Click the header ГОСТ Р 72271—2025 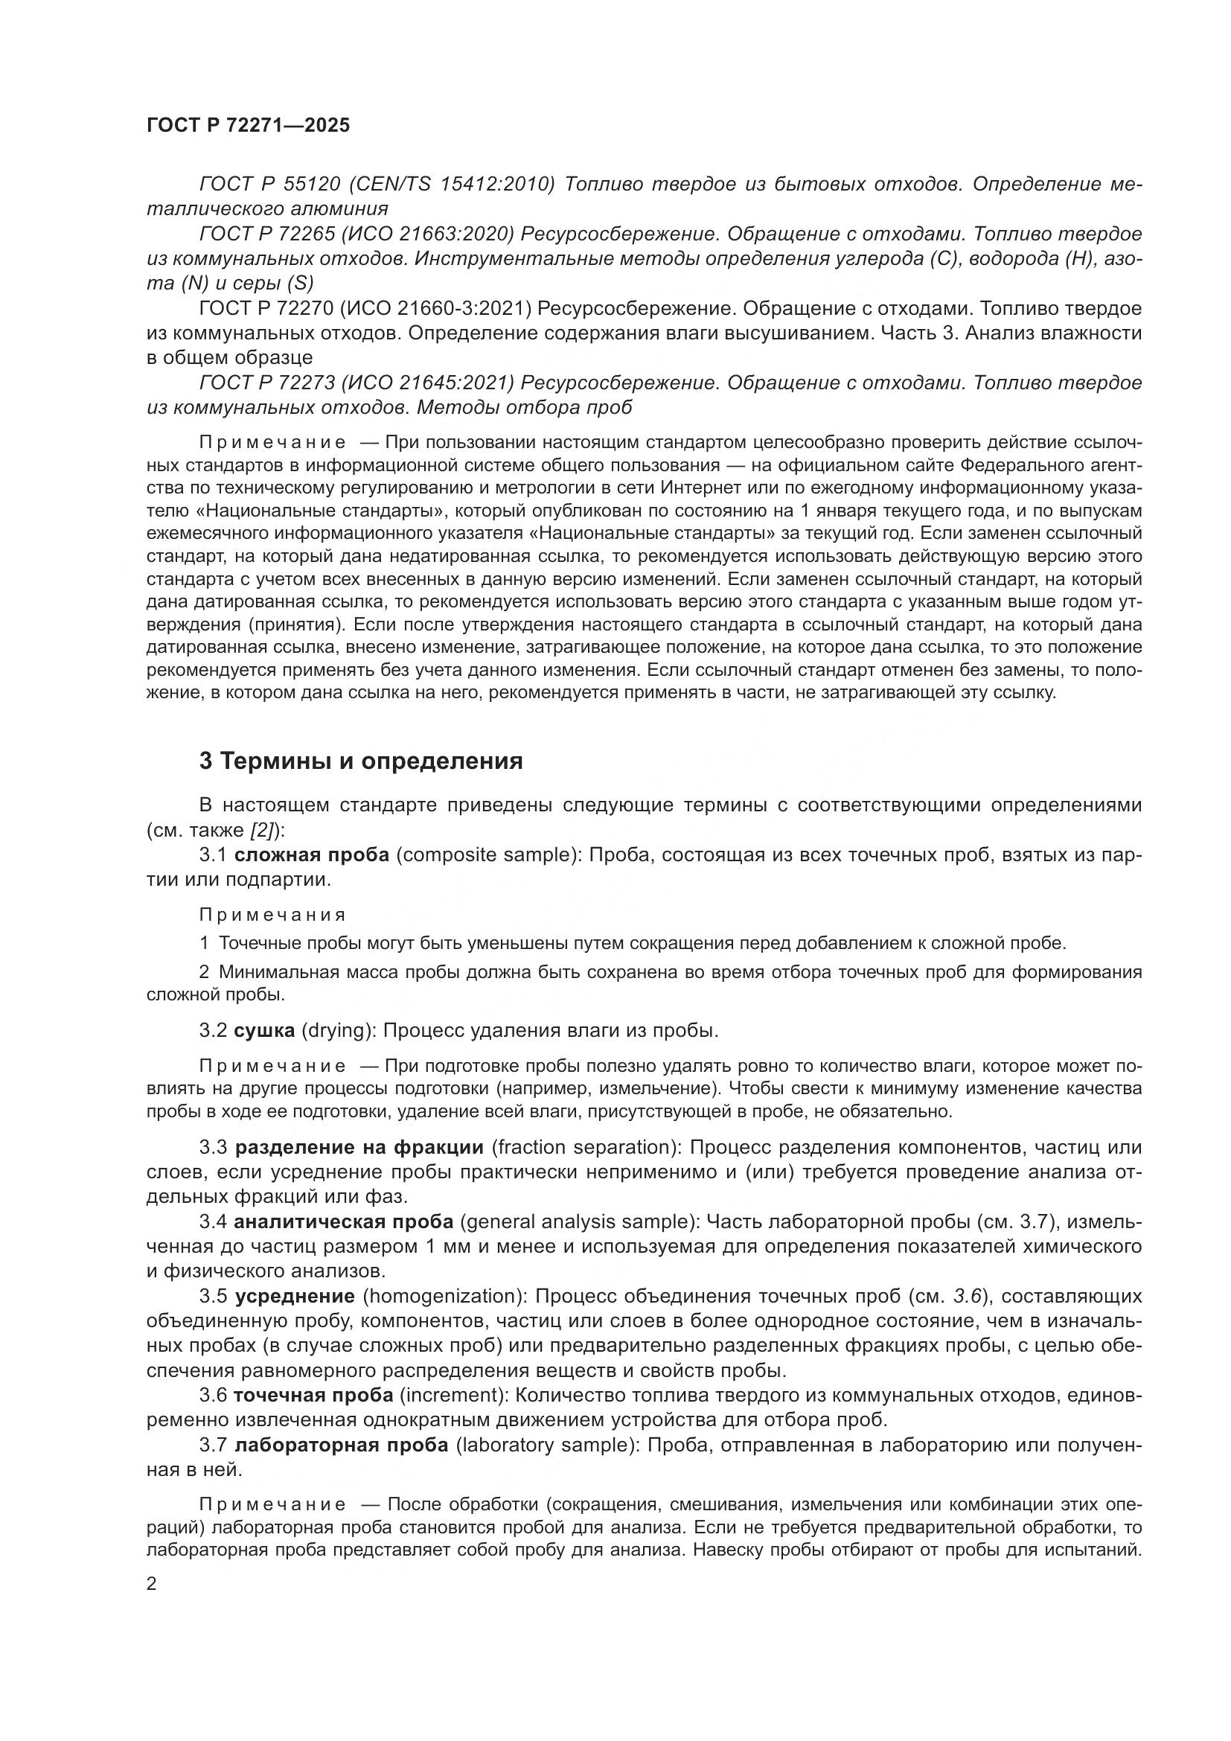click(x=249, y=126)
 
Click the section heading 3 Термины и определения click(x=361, y=761)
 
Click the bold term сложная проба click(x=312, y=854)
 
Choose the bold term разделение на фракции click(x=359, y=1147)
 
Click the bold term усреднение click(x=295, y=1296)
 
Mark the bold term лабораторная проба click(x=342, y=1445)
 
